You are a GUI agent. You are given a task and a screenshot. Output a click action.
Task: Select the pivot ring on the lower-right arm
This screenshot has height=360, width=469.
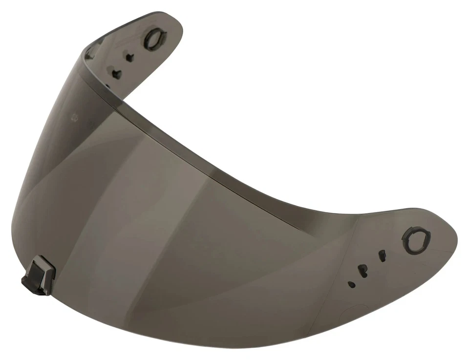417,241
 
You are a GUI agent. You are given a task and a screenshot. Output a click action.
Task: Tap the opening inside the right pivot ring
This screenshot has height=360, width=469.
417,241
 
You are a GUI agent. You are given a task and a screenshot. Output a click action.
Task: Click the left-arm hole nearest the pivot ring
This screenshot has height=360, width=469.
129,57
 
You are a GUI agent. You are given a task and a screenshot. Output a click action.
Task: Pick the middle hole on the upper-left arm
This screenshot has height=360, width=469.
116,73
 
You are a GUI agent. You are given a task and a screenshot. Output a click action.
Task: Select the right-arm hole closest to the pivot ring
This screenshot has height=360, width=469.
382,255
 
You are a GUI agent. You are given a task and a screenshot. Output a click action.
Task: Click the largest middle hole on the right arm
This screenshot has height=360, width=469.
362,270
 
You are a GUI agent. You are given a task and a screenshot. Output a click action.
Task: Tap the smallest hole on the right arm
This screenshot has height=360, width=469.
350,283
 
